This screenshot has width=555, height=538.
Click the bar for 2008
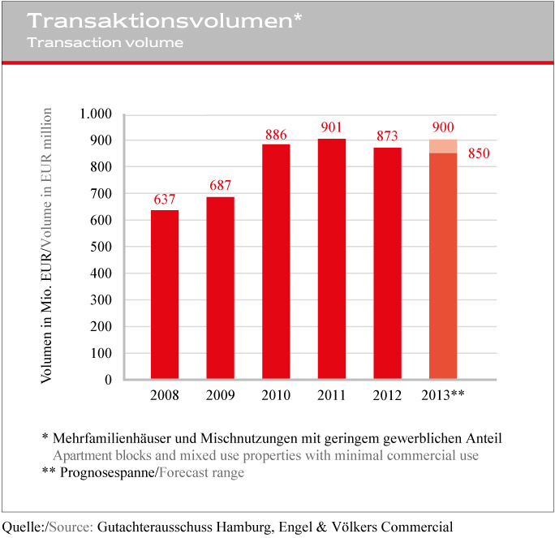165,295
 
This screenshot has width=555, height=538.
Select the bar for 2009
221,288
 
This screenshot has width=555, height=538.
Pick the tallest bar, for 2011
332,259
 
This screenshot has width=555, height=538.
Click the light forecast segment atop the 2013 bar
443,146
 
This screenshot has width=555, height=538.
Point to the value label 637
165,200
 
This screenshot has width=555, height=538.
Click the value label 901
331,127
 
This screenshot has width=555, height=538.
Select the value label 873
387,136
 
